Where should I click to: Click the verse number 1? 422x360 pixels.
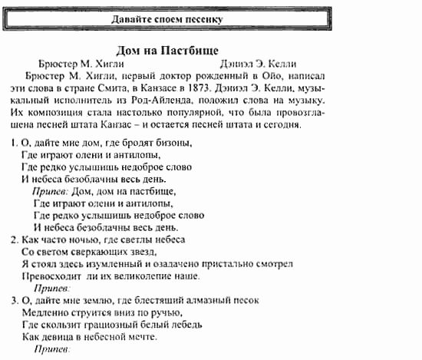coord(15,144)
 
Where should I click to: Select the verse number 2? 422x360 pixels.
coord(15,239)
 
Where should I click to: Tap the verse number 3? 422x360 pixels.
coord(15,300)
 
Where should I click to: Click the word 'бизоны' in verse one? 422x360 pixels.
coord(171,144)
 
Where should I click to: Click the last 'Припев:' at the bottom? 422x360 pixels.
coord(52,349)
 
